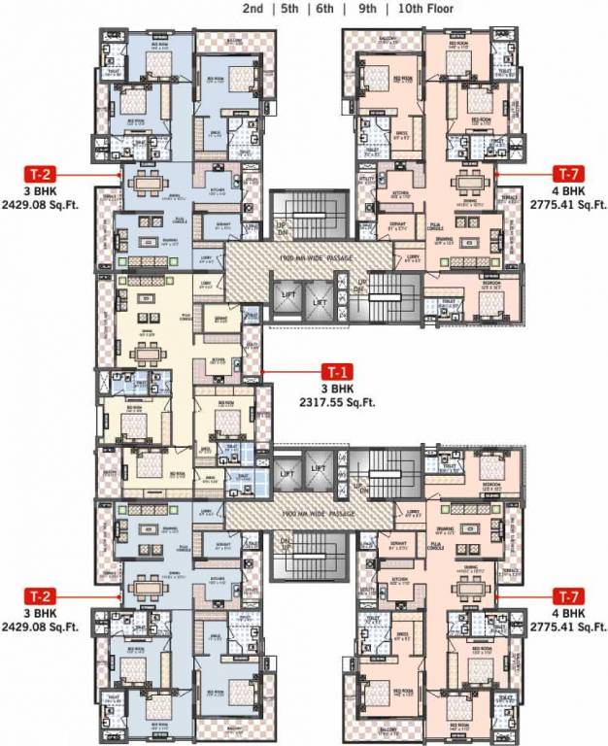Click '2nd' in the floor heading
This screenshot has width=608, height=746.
[x=252, y=9]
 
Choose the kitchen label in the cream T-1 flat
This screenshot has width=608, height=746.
[x=220, y=356]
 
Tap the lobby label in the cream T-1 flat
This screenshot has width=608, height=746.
[x=205, y=284]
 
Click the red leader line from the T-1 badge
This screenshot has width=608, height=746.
[x=291, y=370]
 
